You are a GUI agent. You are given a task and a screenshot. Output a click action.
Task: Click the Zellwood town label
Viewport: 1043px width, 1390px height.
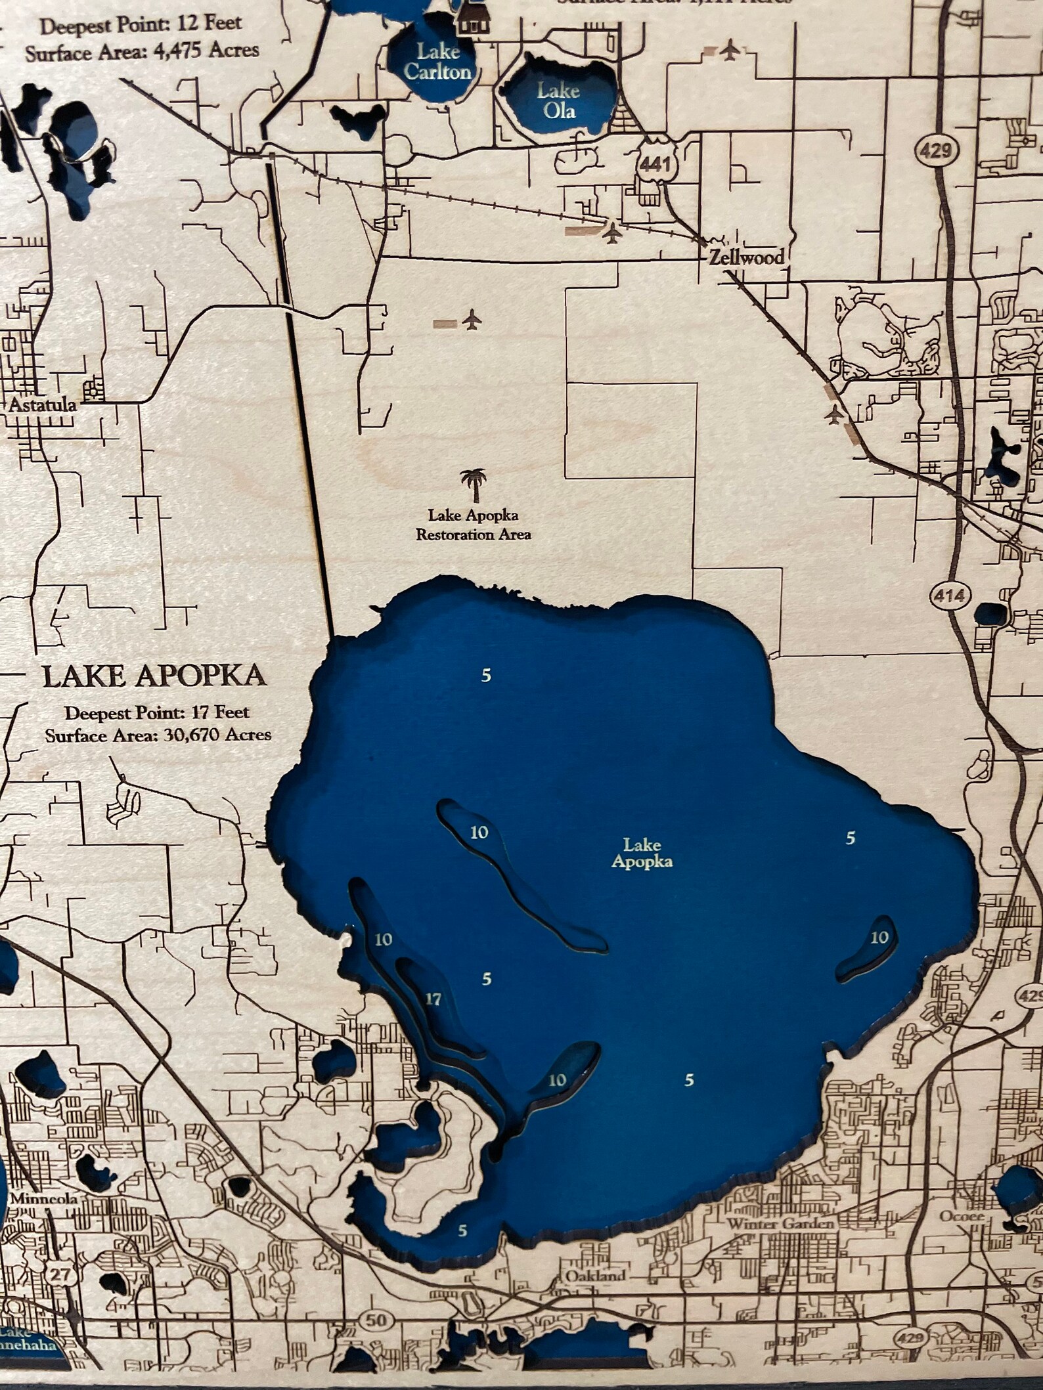click(x=747, y=257)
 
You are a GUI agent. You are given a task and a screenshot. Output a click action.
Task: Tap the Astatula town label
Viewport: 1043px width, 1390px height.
click(x=42, y=404)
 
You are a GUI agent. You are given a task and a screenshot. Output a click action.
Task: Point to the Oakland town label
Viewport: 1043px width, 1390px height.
click(x=594, y=1276)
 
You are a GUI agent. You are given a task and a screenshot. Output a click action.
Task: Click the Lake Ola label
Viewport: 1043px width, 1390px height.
click(x=558, y=100)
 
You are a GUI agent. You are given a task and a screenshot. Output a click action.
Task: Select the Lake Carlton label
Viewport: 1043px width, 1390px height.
click(x=437, y=61)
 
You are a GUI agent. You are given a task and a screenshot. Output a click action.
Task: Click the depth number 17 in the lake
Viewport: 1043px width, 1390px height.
click(x=433, y=1000)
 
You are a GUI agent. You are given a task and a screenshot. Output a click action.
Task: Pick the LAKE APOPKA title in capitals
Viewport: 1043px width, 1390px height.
click(x=154, y=676)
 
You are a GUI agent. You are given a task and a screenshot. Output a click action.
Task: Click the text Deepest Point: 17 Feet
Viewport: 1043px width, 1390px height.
click(x=157, y=712)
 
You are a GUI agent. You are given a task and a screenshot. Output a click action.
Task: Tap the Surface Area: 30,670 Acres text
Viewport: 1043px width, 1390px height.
click(x=158, y=735)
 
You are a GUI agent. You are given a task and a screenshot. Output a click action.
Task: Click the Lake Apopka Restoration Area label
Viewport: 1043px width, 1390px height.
click(x=474, y=525)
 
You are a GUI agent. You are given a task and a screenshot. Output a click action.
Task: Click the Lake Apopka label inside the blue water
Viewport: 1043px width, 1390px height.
click(x=642, y=852)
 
